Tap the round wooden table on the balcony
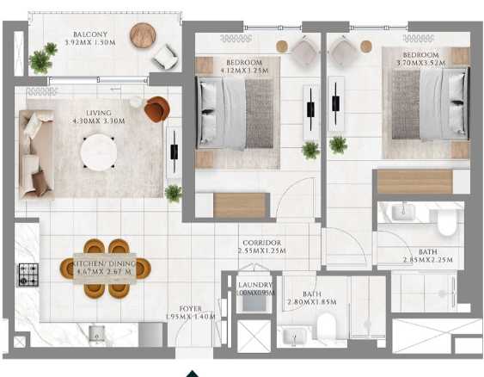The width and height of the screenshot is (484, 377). (144, 36)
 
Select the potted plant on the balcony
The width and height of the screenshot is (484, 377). (41, 59)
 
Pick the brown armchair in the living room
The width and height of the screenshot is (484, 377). (156, 109)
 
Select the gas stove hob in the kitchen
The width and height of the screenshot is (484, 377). (26, 275)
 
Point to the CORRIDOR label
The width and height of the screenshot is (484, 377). (262, 244)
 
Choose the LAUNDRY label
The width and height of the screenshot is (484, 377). (255, 286)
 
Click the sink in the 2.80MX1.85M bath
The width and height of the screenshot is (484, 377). (293, 337)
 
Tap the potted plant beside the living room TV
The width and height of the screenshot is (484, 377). (174, 192)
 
